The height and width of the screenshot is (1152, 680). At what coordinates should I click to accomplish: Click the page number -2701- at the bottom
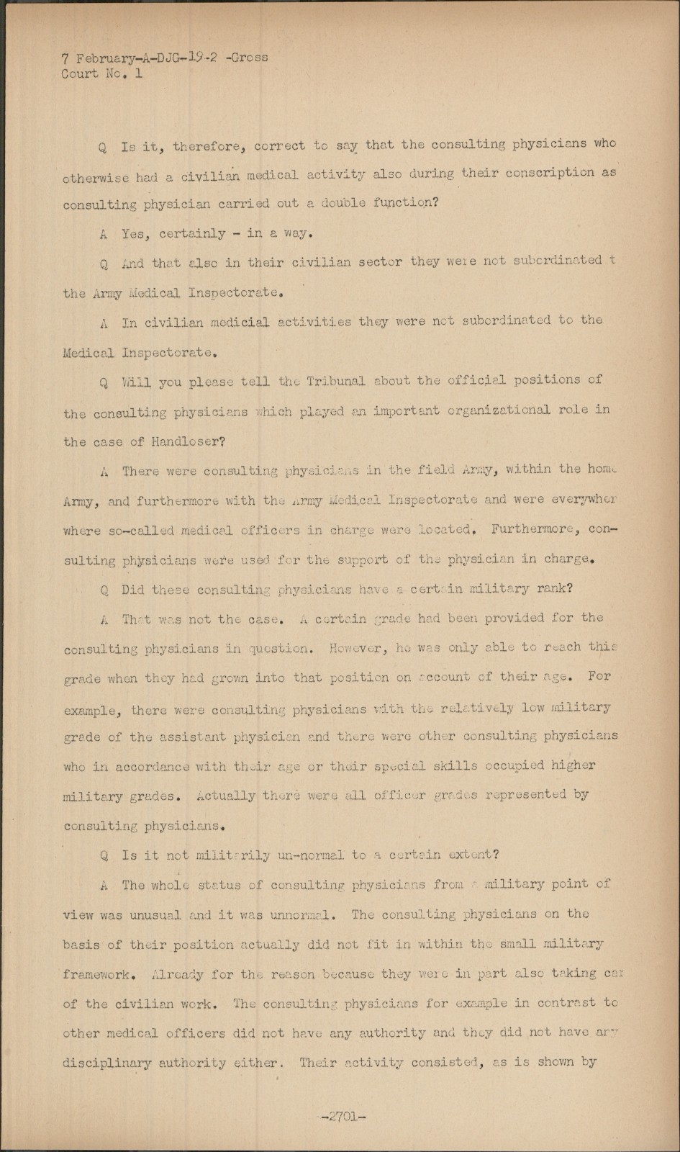pos(343,1117)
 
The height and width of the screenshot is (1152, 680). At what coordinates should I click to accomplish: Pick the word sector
pos(380,262)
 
